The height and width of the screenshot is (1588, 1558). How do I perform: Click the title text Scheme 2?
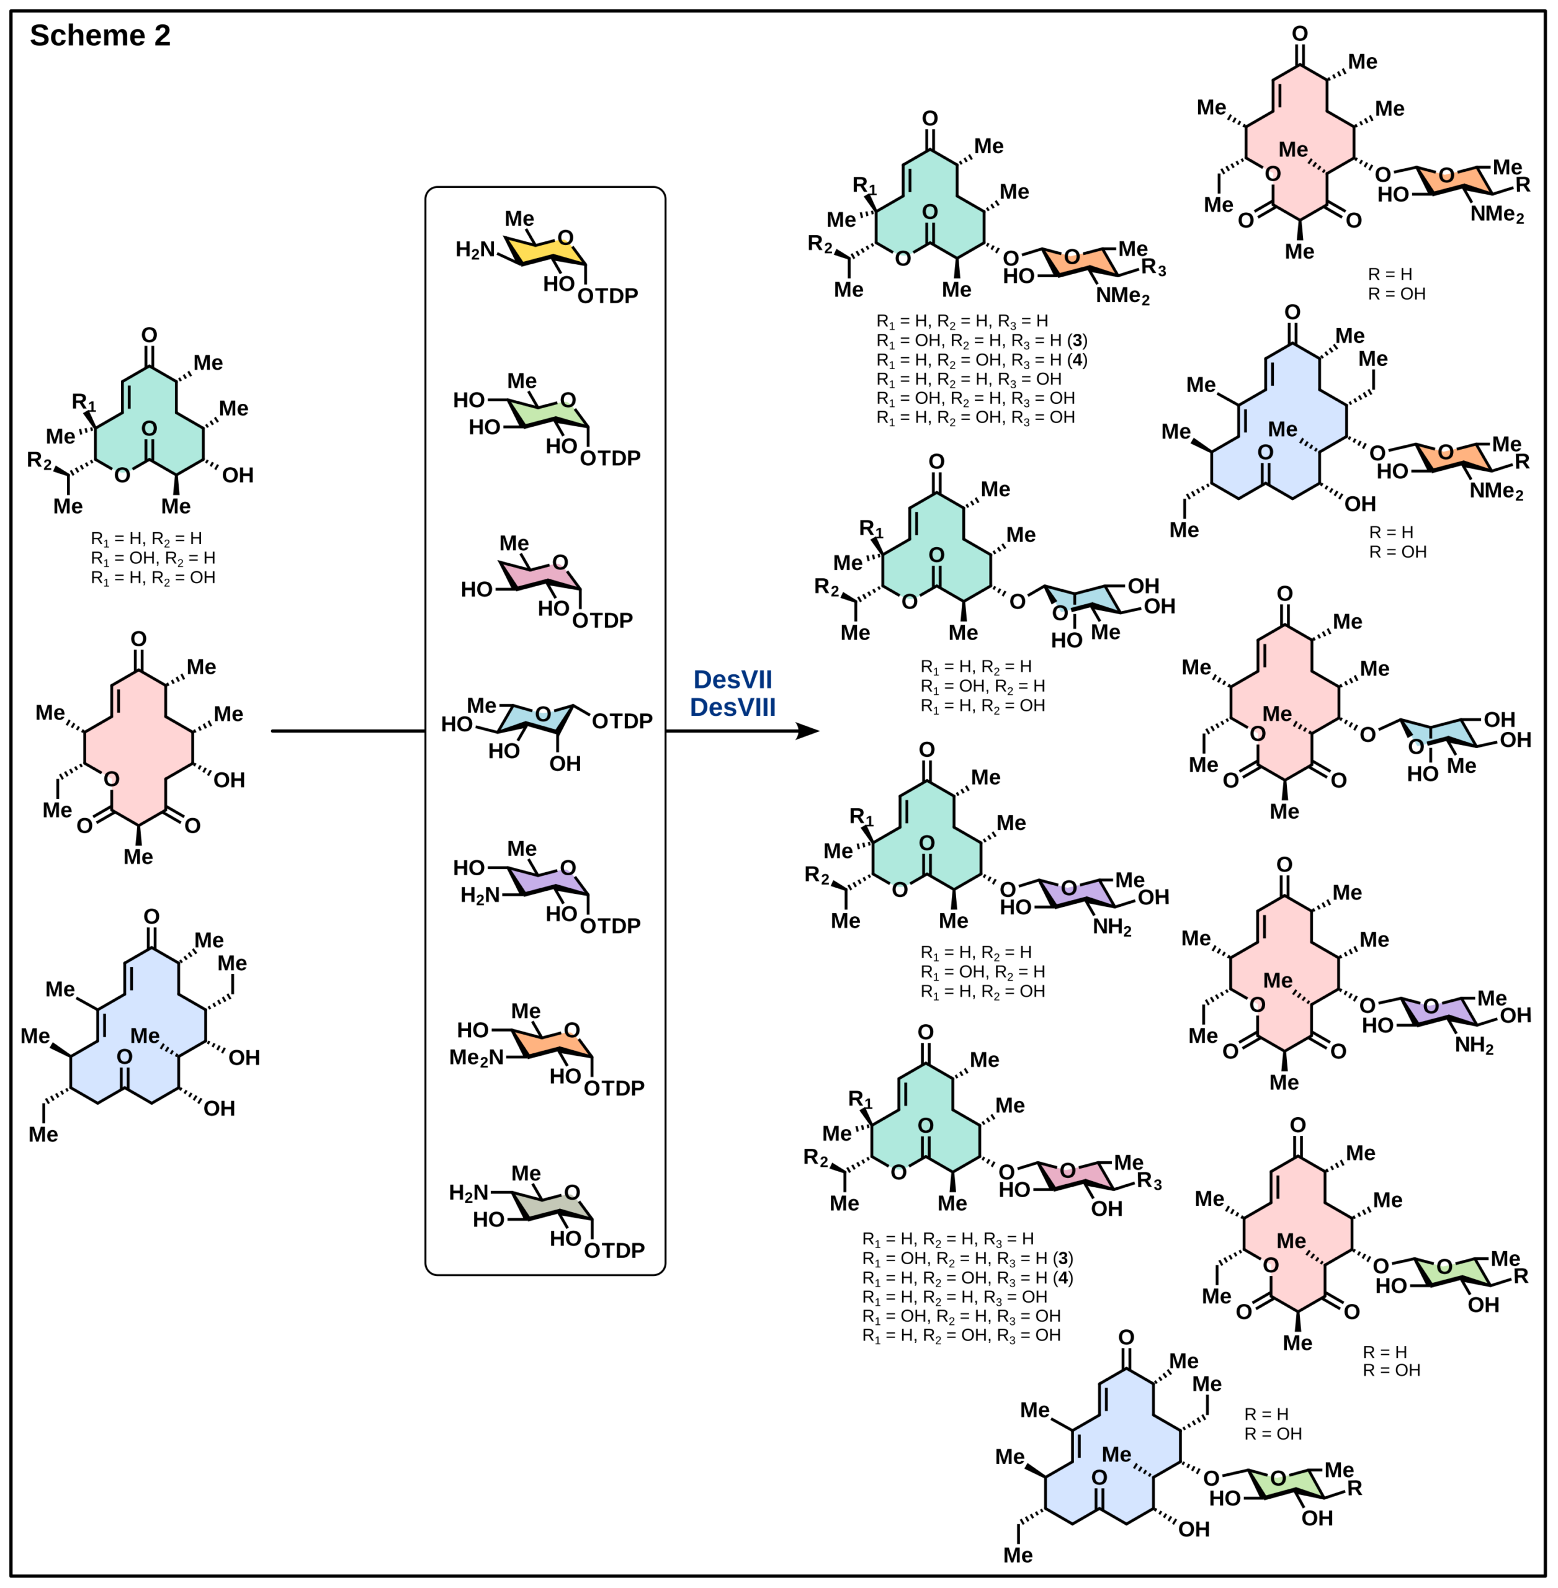(x=100, y=36)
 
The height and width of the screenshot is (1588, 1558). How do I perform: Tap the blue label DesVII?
(x=732, y=680)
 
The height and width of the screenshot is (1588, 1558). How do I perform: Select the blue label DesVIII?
(x=732, y=708)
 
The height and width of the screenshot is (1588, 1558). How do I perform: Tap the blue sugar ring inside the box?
(x=536, y=718)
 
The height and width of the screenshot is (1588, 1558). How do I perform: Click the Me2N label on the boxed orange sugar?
(x=477, y=1058)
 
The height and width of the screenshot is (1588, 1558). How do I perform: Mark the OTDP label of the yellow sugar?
(x=607, y=295)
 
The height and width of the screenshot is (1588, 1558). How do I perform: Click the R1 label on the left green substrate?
(x=84, y=402)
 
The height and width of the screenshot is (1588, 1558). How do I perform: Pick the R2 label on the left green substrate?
(x=39, y=461)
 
